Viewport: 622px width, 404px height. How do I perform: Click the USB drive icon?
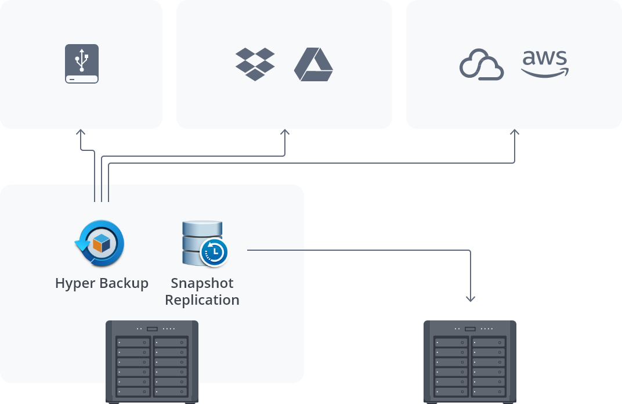click(82, 64)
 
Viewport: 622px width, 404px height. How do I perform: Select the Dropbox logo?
click(255, 64)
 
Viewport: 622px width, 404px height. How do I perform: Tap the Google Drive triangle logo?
click(313, 64)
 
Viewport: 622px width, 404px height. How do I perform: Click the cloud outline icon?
click(481, 65)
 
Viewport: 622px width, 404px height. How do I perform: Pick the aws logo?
click(545, 63)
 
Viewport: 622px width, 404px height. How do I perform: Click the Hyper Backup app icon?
click(100, 244)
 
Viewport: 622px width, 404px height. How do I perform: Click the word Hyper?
click(76, 283)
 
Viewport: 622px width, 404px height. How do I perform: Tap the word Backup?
click(124, 283)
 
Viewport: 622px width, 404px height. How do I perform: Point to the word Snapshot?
click(202, 283)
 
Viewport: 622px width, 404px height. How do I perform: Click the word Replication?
click(202, 300)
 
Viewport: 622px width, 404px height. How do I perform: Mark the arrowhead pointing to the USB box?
click(81, 132)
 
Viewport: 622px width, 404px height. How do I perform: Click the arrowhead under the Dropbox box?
click(285, 132)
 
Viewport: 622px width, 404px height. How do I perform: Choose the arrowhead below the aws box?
click(515, 132)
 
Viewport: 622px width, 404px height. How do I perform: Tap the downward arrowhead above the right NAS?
click(471, 299)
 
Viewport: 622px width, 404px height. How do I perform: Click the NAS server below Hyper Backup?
click(152, 362)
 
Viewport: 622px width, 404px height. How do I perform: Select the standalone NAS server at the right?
click(470, 362)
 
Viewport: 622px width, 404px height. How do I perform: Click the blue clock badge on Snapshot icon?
click(214, 252)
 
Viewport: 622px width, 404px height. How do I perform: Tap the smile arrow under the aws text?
click(545, 72)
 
